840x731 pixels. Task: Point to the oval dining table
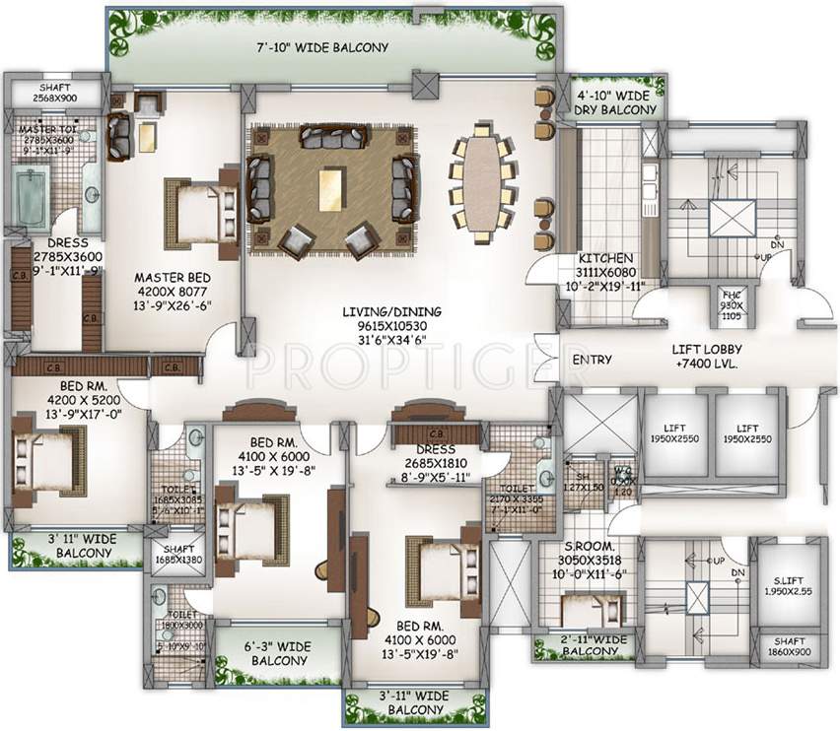pyautogui.click(x=482, y=183)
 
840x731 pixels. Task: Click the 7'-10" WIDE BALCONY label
pyautogui.click(x=335, y=47)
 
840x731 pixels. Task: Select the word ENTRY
pyautogui.click(x=592, y=360)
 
